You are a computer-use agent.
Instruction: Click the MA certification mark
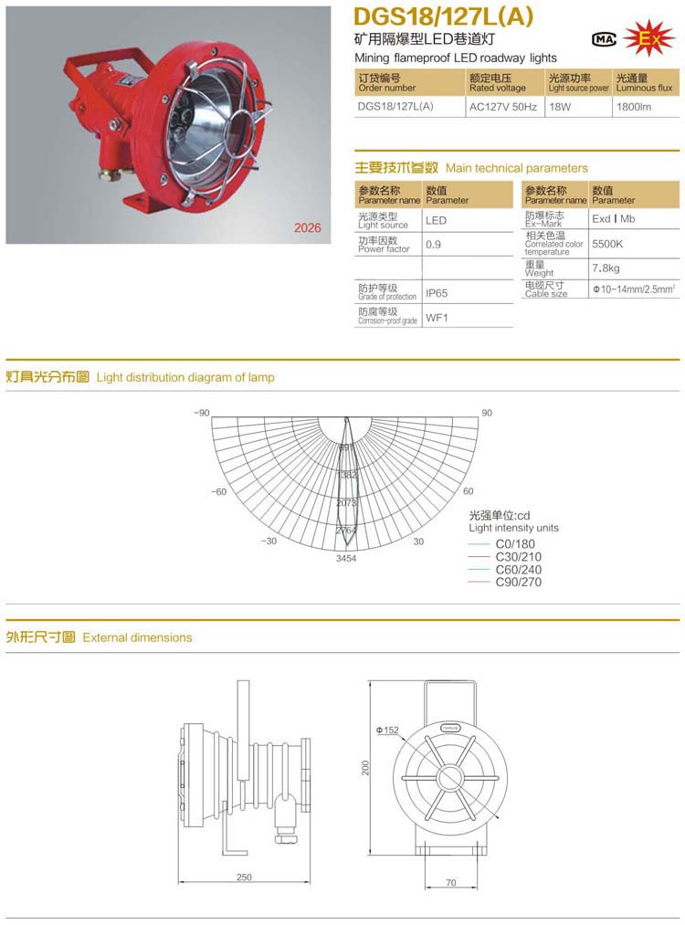[x=604, y=39]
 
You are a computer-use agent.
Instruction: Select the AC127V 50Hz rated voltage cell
[x=502, y=107]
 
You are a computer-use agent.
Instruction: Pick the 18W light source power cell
[x=559, y=107]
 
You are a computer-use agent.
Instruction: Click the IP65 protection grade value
[x=437, y=294]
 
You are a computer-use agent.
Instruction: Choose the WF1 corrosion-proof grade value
[x=437, y=318]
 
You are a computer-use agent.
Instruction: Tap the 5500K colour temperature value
[x=607, y=245]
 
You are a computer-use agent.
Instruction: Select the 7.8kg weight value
[x=606, y=268]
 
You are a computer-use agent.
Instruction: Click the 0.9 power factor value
[x=434, y=245]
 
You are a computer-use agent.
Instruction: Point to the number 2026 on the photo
[x=307, y=228]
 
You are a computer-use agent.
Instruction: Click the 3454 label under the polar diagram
[x=346, y=557]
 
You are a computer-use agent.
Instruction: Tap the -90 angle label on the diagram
[x=202, y=413]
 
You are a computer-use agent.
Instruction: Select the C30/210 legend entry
[x=518, y=557]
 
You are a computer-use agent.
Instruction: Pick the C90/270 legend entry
[x=518, y=582]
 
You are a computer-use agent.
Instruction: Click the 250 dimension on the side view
[x=244, y=878]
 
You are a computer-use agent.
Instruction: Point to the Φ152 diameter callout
[x=386, y=731]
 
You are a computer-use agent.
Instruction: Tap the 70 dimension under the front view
[x=452, y=883]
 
